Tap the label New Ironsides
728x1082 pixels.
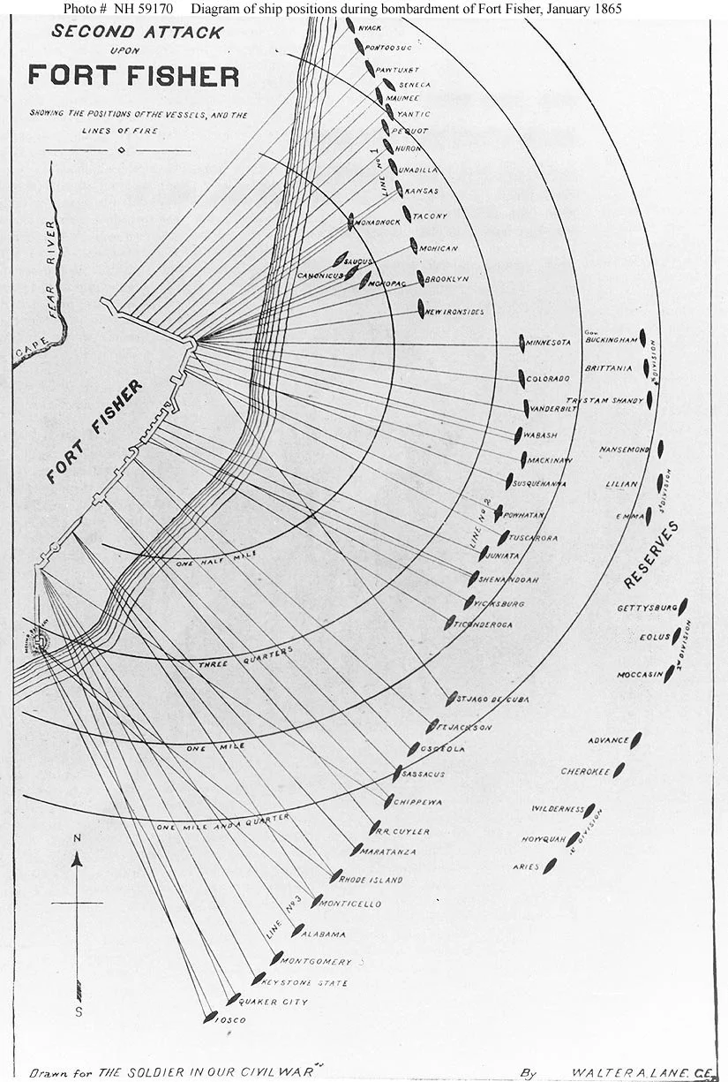click(454, 312)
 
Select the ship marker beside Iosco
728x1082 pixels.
click(210, 1017)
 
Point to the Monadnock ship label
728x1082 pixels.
click(377, 224)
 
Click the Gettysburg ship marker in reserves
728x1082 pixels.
click(684, 607)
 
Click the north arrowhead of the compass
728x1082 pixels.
click(78, 857)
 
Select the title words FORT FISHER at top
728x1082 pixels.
click(133, 76)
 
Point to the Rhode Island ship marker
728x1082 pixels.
click(335, 876)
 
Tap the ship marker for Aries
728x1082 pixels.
click(550, 866)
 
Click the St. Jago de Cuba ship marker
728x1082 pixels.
click(452, 698)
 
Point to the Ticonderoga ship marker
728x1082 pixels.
click(450, 622)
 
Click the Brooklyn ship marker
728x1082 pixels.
click(421, 278)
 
